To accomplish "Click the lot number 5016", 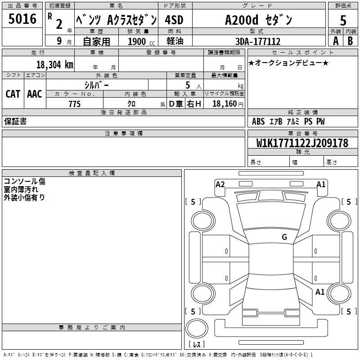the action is point(22,19).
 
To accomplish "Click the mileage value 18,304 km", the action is point(55,65).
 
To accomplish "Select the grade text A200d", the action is point(242,20).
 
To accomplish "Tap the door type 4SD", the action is point(174,20).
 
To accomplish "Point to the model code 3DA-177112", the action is point(258,41).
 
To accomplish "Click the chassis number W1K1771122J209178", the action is point(302,143).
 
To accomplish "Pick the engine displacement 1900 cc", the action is point(141,41).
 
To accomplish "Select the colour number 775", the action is point(75,104).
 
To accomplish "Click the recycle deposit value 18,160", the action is point(225,104).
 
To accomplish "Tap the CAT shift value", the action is point(13,94).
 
